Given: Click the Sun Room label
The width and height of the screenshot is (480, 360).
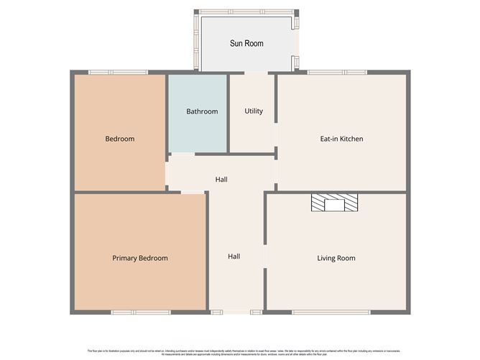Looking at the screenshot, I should click(x=246, y=43).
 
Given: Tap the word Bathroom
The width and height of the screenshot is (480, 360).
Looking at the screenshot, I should click(x=202, y=111).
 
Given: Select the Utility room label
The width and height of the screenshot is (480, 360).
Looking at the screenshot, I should click(x=254, y=111).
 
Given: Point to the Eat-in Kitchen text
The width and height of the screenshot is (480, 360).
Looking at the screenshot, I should click(x=341, y=139).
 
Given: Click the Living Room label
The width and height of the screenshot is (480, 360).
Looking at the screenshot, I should click(x=336, y=258).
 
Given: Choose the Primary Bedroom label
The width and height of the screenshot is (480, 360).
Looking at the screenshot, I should click(x=140, y=258).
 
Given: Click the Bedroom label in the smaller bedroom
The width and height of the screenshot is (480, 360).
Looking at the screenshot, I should click(x=119, y=139).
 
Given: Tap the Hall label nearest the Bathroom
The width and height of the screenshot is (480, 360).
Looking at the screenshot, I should click(x=221, y=179).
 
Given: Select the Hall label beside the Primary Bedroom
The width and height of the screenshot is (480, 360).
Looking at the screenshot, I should click(x=234, y=256).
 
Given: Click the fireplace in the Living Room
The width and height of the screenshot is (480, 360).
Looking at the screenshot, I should click(x=334, y=203).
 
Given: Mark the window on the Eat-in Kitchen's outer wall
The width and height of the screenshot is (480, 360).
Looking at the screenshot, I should click(x=336, y=72).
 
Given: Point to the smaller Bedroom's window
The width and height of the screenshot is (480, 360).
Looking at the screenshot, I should click(x=118, y=72).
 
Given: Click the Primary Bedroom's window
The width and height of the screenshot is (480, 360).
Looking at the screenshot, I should click(x=140, y=312).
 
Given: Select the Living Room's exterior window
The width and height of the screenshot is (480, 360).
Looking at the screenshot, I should click(x=331, y=312).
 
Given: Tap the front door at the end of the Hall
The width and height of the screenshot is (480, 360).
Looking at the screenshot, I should click(x=236, y=312).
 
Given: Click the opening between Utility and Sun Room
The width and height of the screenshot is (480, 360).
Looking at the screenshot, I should click(x=255, y=72).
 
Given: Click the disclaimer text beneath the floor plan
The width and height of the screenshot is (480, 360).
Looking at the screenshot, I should click(x=240, y=351).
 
